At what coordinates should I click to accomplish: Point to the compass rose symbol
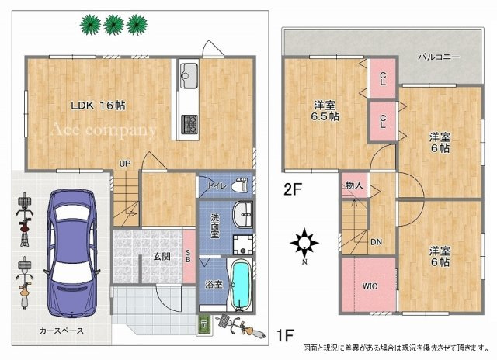pos(304,245)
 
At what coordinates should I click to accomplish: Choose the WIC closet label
pos(370,285)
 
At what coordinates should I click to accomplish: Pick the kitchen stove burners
pos(189,123)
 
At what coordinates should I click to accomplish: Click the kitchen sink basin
pos(189,75)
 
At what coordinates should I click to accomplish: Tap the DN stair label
pos(375,242)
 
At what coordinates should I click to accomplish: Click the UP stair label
pos(124,163)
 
